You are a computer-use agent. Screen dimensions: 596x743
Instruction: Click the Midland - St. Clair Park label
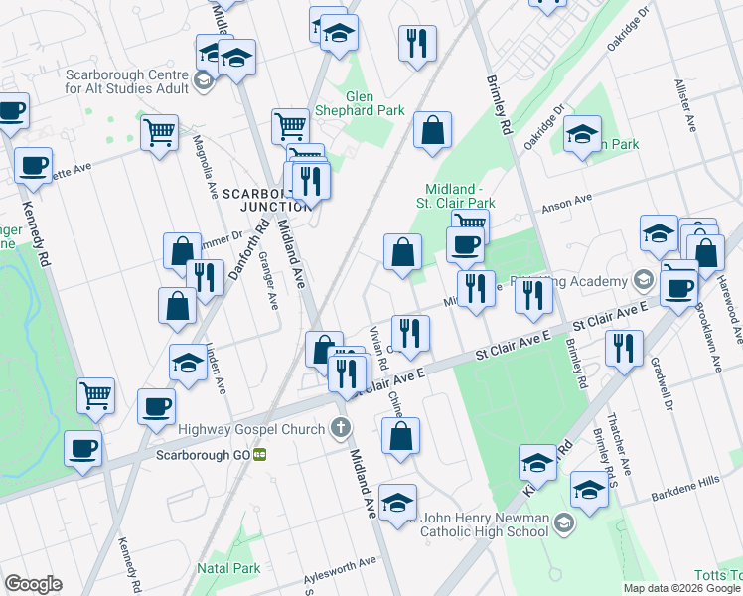point(459,195)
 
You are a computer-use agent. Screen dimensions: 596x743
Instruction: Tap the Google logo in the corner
point(33,584)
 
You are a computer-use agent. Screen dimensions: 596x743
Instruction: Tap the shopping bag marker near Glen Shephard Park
point(432,130)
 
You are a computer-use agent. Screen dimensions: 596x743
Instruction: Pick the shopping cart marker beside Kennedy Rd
point(95,395)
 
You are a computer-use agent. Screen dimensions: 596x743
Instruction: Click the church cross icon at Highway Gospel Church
point(341,429)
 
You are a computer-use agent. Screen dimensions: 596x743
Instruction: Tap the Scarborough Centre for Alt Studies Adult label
point(126,81)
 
